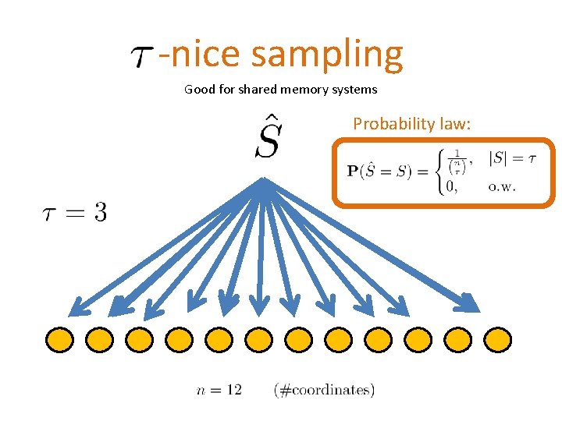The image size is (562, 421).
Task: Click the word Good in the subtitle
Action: [199, 90]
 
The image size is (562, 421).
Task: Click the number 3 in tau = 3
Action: [100, 212]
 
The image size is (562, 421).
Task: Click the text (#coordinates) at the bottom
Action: [324, 389]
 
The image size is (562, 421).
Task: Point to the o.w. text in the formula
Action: [502, 186]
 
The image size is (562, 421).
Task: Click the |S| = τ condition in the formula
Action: [511, 158]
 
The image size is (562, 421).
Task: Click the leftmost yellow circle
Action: [59, 339]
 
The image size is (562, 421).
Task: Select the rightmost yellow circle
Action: [497, 339]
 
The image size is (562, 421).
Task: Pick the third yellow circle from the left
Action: [139, 339]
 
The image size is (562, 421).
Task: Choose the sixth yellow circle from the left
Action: [258, 339]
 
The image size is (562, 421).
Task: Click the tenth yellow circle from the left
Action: [418, 339]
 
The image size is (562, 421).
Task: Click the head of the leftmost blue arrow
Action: [76, 308]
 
